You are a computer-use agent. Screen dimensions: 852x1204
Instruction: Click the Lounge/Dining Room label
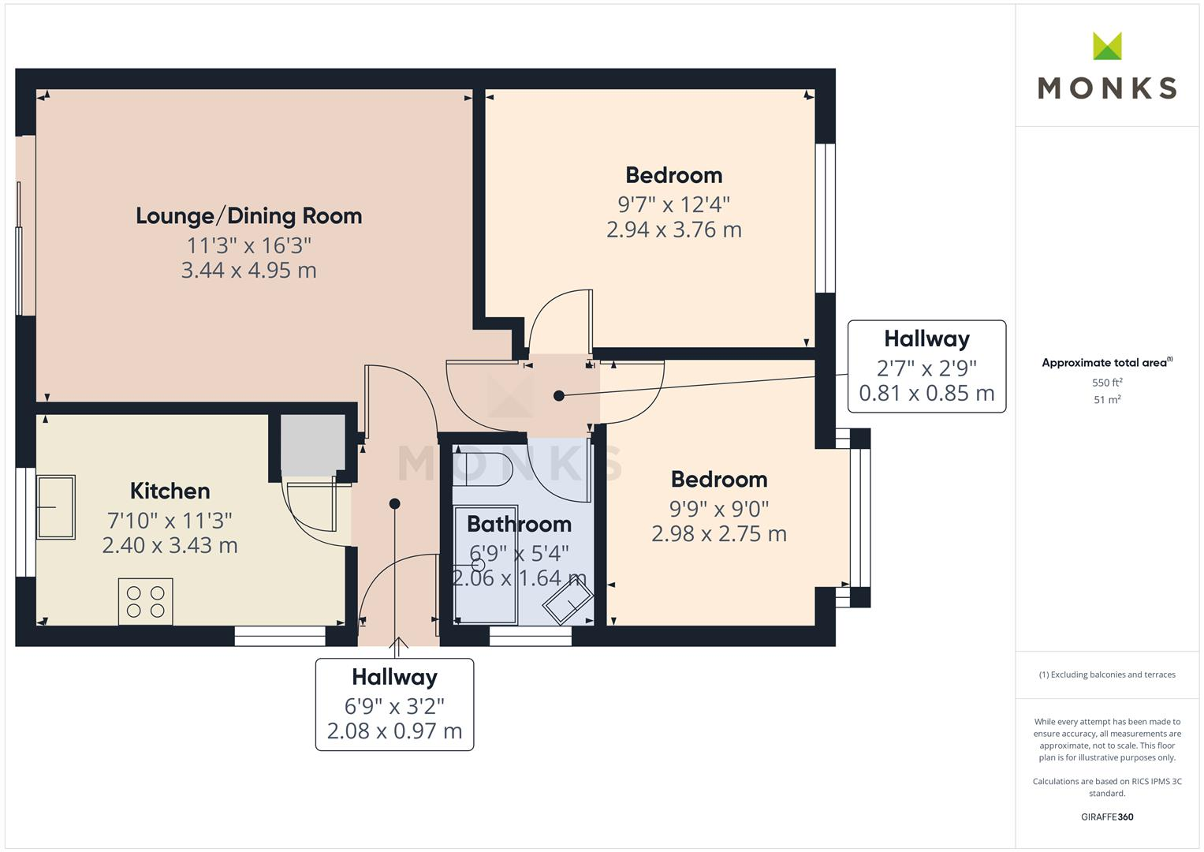pyautogui.click(x=248, y=216)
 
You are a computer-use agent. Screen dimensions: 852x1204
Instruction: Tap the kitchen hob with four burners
pyautogui.click(x=146, y=601)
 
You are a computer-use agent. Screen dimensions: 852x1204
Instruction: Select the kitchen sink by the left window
pyautogui.click(x=55, y=506)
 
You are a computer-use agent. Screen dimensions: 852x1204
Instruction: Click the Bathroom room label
pyautogui.click(x=519, y=524)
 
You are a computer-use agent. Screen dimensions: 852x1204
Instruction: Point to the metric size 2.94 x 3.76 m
pyautogui.click(x=673, y=230)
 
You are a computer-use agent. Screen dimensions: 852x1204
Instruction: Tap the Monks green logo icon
pyautogui.click(x=1107, y=47)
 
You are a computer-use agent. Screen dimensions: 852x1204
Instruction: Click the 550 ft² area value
pyautogui.click(x=1107, y=383)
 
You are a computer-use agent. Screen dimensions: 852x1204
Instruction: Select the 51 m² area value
pyautogui.click(x=1107, y=400)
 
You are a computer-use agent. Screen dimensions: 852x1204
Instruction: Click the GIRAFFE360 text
pyautogui.click(x=1107, y=816)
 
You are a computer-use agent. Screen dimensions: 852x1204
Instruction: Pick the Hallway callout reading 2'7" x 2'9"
pyautogui.click(x=926, y=366)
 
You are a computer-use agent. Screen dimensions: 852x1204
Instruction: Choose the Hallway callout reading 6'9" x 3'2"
pyautogui.click(x=394, y=704)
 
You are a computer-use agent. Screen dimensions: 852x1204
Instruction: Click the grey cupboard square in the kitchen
pyautogui.click(x=313, y=444)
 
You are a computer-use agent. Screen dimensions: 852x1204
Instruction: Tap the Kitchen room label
pyautogui.click(x=170, y=491)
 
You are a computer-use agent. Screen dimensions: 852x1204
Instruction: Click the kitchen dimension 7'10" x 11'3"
pyautogui.click(x=170, y=521)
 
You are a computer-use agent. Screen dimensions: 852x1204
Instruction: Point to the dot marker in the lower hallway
pyautogui.click(x=394, y=503)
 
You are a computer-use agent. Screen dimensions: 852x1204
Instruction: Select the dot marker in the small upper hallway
pyautogui.click(x=559, y=396)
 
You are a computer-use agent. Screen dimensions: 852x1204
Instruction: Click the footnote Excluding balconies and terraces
pyautogui.click(x=1107, y=674)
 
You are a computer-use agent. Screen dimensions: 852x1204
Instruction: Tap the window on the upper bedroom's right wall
pyautogui.click(x=825, y=218)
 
